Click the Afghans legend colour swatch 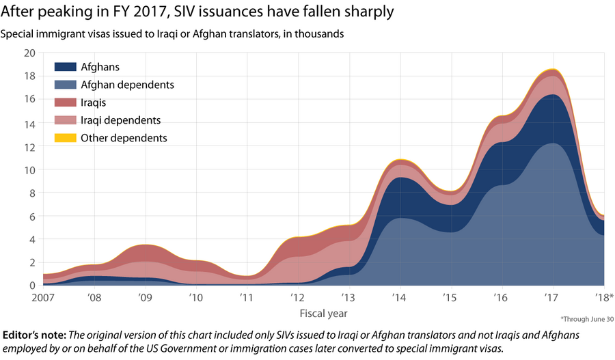click(x=65, y=67)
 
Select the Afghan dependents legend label click(x=127, y=85)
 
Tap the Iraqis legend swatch click(x=65, y=102)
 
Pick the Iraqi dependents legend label click(x=120, y=120)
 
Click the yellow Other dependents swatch click(x=65, y=138)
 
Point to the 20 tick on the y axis click(x=29, y=53)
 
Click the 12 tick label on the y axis click(x=30, y=146)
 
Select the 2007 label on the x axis click(x=42, y=299)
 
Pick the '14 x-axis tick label click(x=399, y=299)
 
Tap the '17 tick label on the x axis click(x=552, y=299)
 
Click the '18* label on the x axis click(x=604, y=299)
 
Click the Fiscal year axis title click(x=323, y=314)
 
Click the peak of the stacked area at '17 click(x=553, y=69)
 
